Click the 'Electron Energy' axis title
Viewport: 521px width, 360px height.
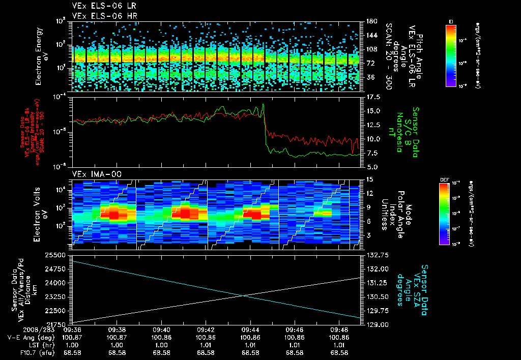point(38,56)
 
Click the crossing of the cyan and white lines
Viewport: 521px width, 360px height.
point(242,295)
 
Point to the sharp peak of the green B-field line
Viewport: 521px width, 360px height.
point(263,104)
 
